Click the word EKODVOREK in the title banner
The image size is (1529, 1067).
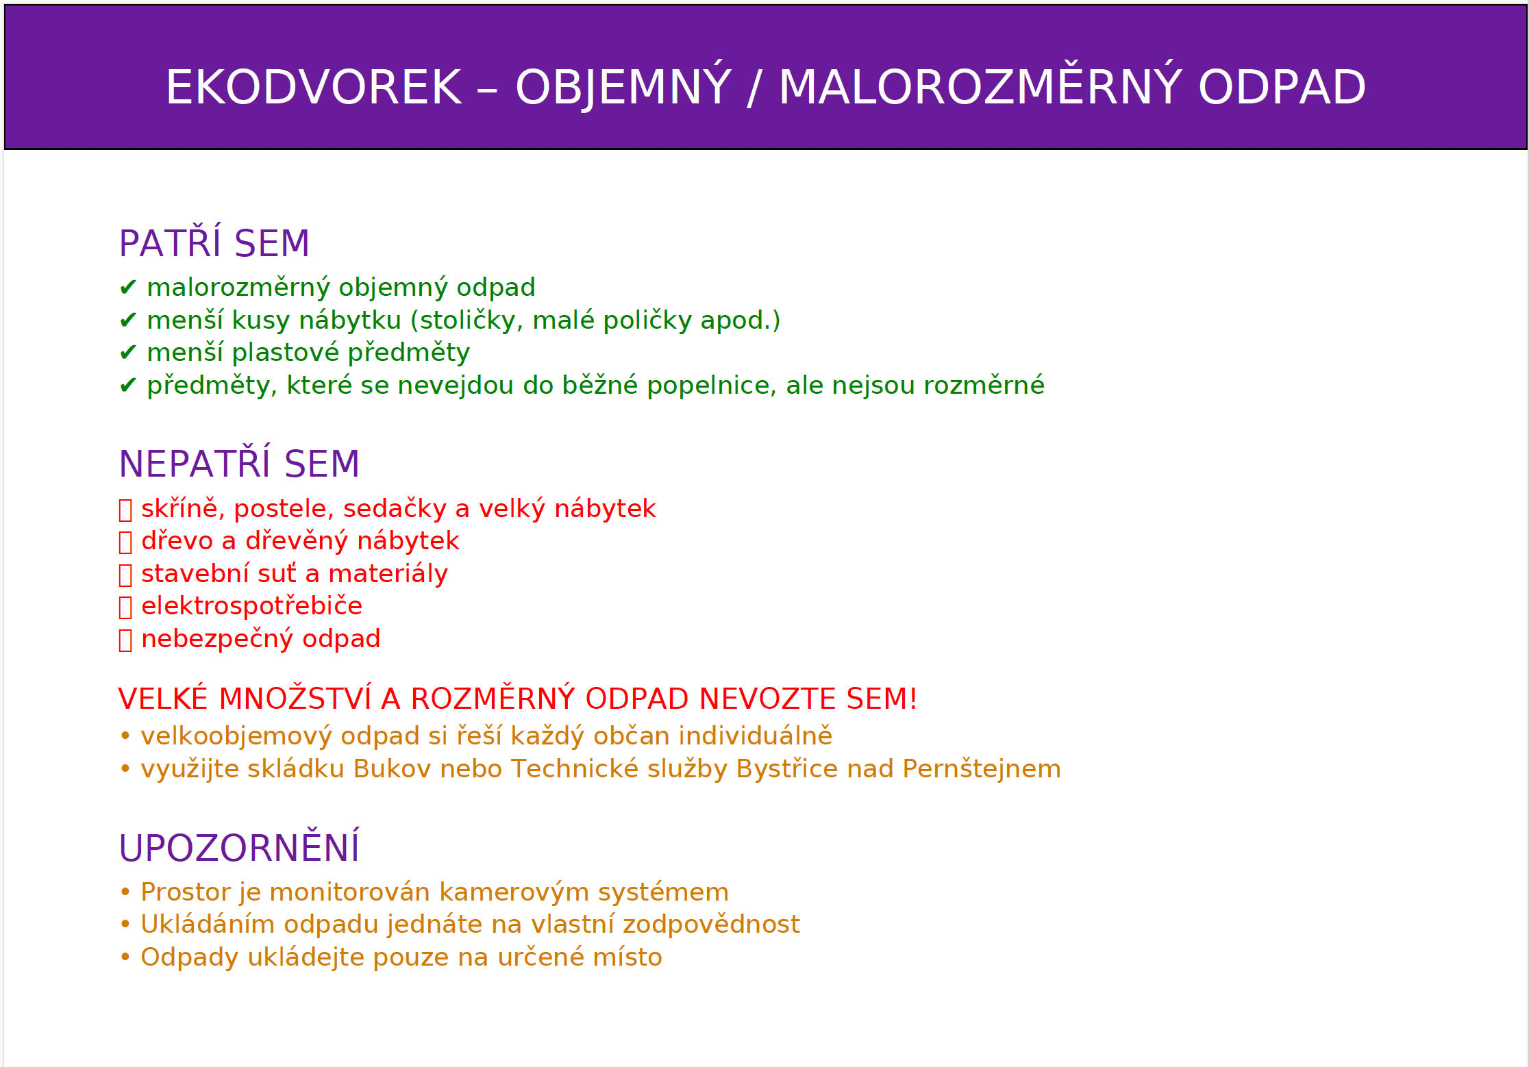314,88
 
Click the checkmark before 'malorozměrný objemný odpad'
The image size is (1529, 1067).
128,288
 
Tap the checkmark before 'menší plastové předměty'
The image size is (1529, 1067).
128,353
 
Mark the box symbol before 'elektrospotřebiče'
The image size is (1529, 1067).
125,607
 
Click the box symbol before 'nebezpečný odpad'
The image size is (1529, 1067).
125,640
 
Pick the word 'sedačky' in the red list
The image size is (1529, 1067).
395,509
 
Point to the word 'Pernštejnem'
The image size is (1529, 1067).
982,769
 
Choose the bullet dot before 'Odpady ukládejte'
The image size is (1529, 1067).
125,957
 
